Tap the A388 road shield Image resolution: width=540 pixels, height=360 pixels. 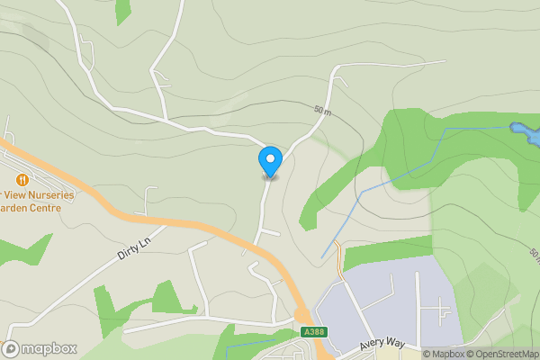point(312,331)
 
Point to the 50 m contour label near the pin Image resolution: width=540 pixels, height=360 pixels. point(323,110)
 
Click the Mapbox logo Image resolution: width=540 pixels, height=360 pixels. point(40,348)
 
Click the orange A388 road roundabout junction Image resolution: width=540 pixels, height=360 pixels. point(301,314)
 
